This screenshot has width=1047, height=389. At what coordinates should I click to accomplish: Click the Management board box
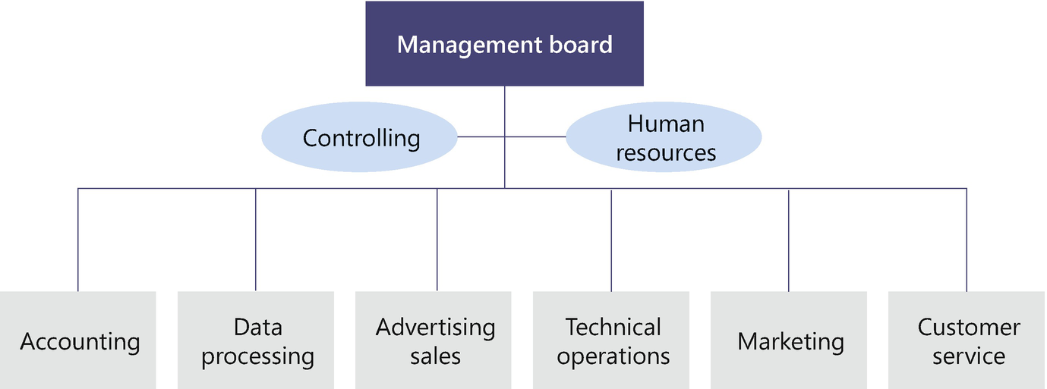[x=504, y=44]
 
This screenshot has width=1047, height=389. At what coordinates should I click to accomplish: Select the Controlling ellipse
[x=360, y=138]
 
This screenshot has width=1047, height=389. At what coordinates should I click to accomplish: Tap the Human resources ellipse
[x=665, y=138]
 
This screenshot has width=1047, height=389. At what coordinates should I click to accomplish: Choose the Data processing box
[x=256, y=340]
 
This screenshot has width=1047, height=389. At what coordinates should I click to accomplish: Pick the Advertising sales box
[x=434, y=340]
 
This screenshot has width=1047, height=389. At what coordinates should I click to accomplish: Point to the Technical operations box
[x=612, y=340]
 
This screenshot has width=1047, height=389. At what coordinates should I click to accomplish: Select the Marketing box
[x=790, y=340]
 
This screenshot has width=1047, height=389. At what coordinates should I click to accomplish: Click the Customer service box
[x=967, y=340]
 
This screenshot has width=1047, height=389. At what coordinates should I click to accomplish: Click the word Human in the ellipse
[x=666, y=124]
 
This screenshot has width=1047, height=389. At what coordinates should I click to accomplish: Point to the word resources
[x=666, y=153]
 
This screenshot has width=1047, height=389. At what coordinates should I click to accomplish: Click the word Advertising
[x=435, y=328]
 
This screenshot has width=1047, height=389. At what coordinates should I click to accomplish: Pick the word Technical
[x=613, y=328]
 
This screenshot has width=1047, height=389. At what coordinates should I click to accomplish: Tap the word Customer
[x=969, y=328]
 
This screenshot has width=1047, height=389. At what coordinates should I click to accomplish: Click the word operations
[x=613, y=356]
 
